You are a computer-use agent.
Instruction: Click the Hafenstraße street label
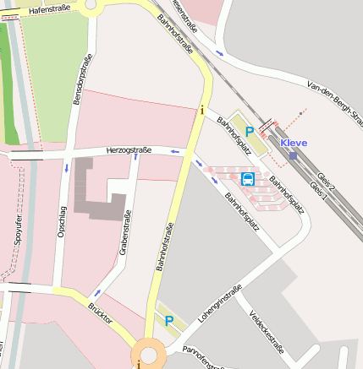coord(48,9)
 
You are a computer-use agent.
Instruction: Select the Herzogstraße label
coord(129,150)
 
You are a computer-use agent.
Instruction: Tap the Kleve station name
coord(294,143)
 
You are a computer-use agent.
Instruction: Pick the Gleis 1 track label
coord(318,185)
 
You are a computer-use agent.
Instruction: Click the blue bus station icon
coord(248,178)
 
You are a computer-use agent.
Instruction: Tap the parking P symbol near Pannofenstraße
coord(168,320)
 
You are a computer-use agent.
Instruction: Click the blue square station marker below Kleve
coord(293,155)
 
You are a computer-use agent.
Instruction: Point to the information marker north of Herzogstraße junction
coord(201,110)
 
